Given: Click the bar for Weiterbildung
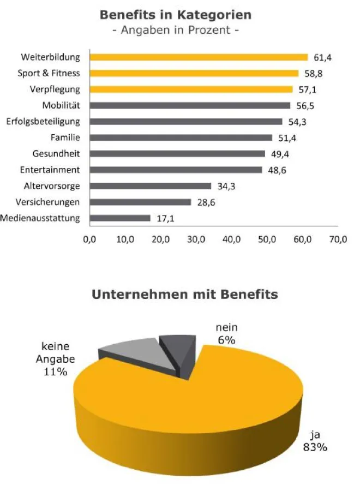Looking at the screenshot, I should click(x=199, y=57).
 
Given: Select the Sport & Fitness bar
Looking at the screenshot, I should click(x=194, y=73).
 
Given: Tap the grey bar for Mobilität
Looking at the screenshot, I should click(x=190, y=105).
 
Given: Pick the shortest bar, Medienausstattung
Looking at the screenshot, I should click(x=120, y=218).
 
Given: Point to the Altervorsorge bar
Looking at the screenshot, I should click(x=150, y=186).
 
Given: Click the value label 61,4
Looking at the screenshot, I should click(x=322, y=57).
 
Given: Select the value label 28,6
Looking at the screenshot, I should click(x=206, y=202).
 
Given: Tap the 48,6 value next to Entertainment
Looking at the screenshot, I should click(x=277, y=170).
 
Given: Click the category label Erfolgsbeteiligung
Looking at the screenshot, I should click(x=43, y=121).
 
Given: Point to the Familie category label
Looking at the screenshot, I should click(x=65, y=137).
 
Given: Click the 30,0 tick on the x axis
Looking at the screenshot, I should click(x=196, y=239).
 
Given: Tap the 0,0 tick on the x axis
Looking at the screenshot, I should click(x=89, y=239).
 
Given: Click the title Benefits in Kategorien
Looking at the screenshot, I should click(x=176, y=15).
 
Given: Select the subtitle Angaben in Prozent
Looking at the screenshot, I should click(x=176, y=30).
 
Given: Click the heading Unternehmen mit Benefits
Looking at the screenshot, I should click(x=184, y=295).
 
